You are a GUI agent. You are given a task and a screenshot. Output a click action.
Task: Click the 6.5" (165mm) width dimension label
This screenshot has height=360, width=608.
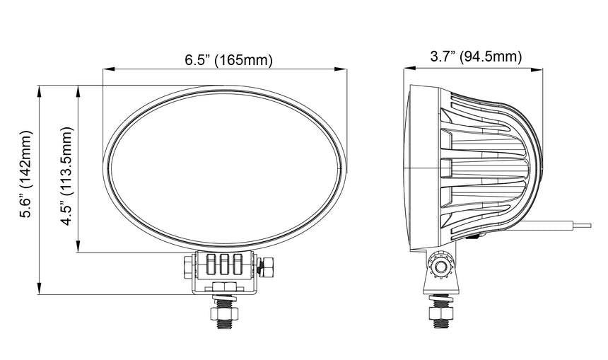[x=228, y=60]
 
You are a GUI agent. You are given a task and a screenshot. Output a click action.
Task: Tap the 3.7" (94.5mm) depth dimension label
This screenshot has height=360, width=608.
[x=476, y=57]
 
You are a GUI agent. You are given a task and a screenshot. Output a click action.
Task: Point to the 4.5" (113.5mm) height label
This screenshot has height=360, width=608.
[x=67, y=175]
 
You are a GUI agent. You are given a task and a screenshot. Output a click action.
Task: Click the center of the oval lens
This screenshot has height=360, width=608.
[x=225, y=168]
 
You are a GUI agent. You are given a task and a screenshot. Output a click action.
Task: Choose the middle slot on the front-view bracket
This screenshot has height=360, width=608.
[x=225, y=265]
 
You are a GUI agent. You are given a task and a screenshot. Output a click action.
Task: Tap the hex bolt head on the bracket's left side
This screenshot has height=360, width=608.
[x=187, y=267]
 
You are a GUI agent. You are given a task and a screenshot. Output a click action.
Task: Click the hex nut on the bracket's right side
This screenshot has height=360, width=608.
[x=267, y=268]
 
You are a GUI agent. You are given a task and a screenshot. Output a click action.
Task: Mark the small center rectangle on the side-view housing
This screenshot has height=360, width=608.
[x=445, y=168]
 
